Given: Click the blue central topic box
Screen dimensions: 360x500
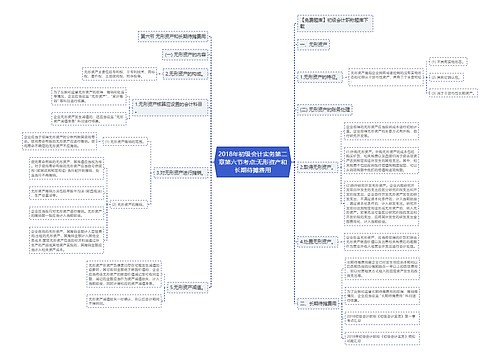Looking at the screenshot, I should pyautogui.click(x=249, y=160).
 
